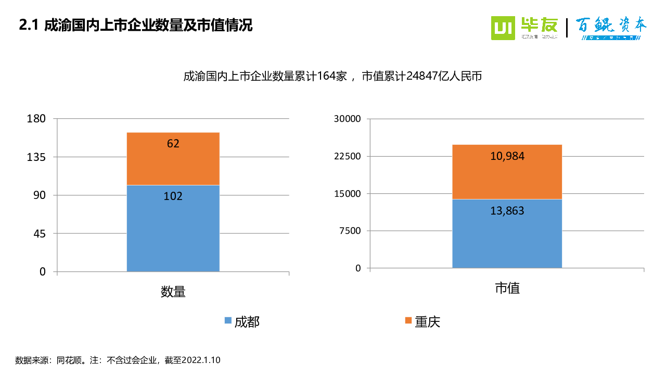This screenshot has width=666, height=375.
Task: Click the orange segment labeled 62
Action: click(173, 158)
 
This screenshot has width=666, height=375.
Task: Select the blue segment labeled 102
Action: click(173, 228)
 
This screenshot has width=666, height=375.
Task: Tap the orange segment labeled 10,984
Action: click(507, 171)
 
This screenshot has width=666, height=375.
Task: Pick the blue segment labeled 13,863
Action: click(507, 233)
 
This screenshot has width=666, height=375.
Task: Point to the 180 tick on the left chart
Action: click(36, 119)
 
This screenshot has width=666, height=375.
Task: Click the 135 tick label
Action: click(36, 157)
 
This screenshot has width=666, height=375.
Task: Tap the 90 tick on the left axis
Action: click(40, 195)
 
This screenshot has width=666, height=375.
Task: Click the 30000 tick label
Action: click(347, 119)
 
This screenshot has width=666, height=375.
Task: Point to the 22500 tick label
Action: click(347, 156)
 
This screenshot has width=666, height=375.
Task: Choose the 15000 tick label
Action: click(347, 194)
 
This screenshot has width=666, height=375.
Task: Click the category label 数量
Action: click(173, 292)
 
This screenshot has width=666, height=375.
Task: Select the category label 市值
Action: click(507, 288)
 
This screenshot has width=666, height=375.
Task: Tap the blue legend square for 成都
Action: click(228, 321)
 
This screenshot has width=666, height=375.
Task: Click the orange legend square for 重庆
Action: click(408, 321)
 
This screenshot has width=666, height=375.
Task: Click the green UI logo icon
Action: click(503, 28)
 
